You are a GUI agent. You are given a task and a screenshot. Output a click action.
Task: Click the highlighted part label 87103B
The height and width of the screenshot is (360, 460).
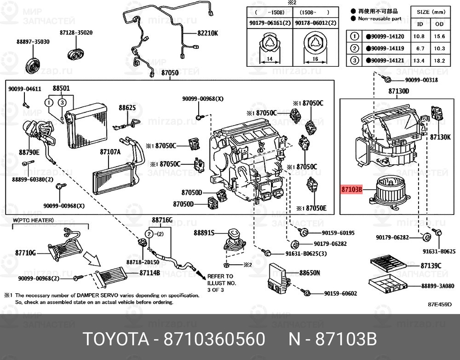pos(352,189)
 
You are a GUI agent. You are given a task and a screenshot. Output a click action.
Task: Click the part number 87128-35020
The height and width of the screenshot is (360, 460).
pos(76,33)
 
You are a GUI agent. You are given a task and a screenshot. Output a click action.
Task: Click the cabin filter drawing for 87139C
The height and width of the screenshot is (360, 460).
pos(387,265)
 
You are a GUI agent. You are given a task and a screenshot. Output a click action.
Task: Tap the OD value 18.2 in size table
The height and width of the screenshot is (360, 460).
pos(440,60)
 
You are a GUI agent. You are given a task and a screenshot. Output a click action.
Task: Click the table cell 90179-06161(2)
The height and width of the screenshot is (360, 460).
pos(269,23)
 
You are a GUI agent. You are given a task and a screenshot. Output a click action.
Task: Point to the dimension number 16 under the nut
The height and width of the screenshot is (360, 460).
pos(315,59)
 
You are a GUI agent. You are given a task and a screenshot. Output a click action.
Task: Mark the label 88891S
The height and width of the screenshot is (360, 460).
pos(204,233)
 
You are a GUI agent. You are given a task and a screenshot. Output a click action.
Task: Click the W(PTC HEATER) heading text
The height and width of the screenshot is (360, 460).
pos(33,221)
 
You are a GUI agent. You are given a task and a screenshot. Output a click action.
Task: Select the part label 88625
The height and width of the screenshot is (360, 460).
pos(127,108)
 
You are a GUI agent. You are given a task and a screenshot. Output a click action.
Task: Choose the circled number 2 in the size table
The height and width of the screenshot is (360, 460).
pos(354,48)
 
